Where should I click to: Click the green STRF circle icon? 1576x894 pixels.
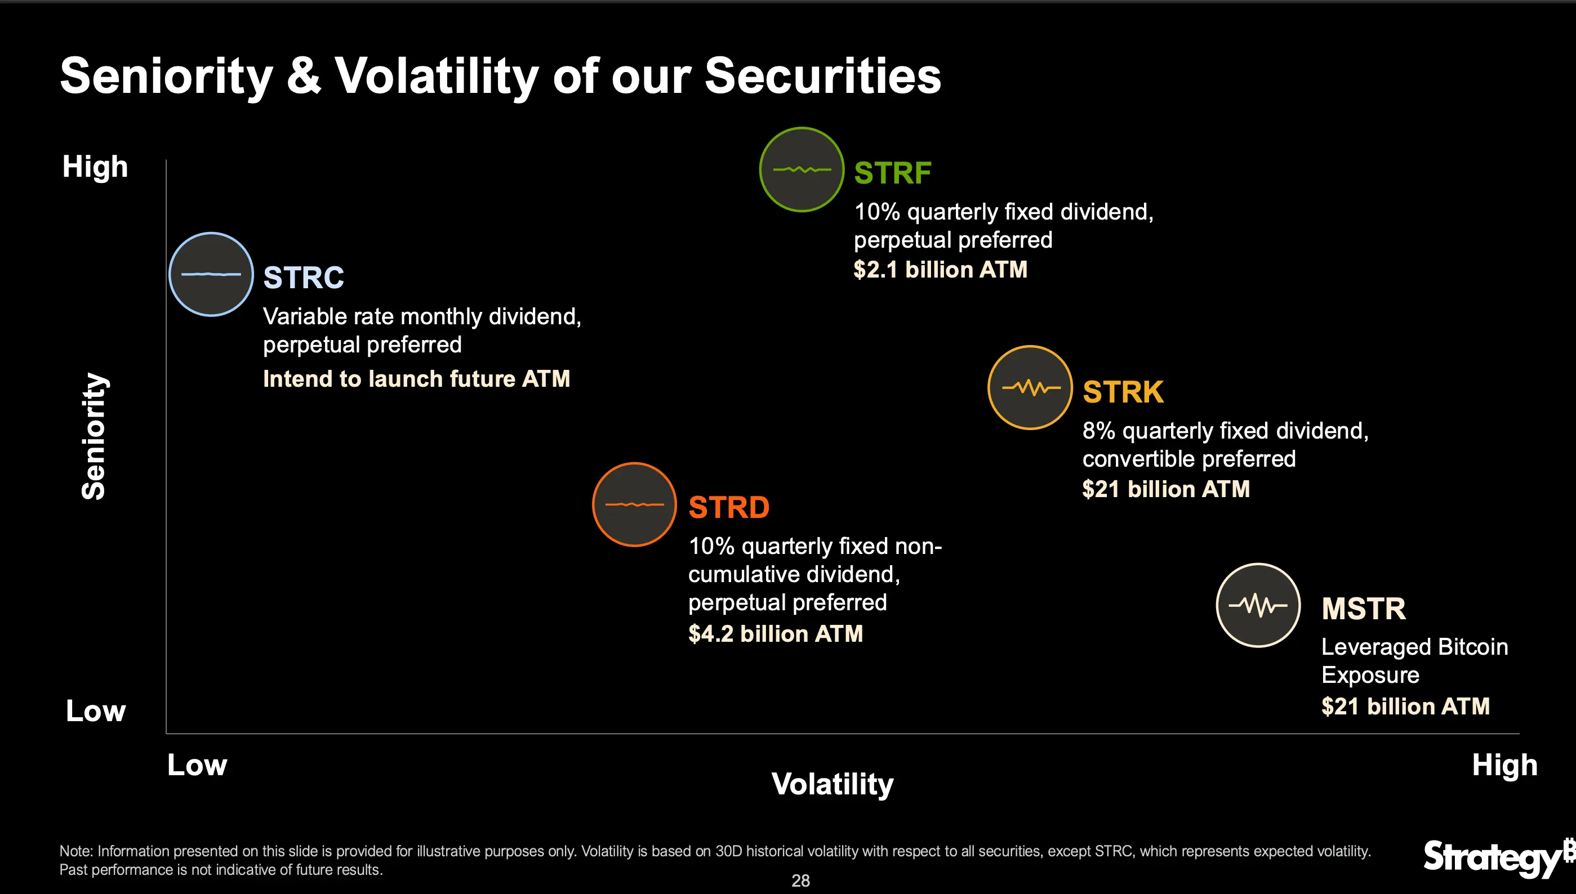(x=802, y=169)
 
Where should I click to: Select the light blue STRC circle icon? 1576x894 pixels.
(x=211, y=275)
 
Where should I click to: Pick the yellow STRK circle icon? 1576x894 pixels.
(x=1030, y=387)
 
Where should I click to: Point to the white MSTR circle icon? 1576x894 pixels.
(x=1258, y=605)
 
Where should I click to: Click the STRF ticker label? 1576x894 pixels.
(x=892, y=173)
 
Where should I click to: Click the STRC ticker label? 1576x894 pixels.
(x=304, y=278)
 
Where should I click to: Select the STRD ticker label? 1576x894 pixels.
(x=728, y=508)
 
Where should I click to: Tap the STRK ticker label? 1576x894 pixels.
(x=1123, y=392)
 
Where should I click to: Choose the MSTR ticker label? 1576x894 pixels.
(x=1364, y=609)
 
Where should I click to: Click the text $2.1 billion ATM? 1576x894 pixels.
(x=940, y=270)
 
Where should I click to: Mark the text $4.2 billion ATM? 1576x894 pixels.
(x=775, y=634)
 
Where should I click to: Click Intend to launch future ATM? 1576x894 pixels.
(x=416, y=379)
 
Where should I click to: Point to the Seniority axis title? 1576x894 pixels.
(x=94, y=436)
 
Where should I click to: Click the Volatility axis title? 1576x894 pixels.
(x=832, y=784)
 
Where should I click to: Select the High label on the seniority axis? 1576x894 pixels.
(x=95, y=167)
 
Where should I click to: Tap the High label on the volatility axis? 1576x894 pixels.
(x=1504, y=765)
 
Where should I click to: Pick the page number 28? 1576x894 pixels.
(x=800, y=880)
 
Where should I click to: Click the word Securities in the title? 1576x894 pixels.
(x=822, y=76)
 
